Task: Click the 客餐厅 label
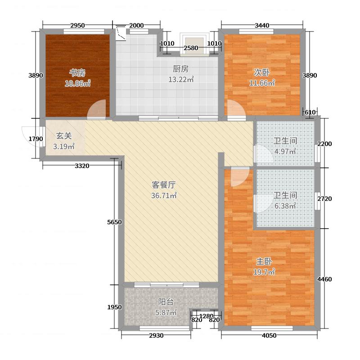[x=163, y=184]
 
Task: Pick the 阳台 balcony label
[x=166, y=302]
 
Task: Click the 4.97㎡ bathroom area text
[x=285, y=151]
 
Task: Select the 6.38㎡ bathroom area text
[x=285, y=206]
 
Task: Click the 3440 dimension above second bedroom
[x=262, y=25]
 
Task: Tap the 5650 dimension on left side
[x=115, y=222]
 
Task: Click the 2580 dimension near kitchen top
[x=191, y=48]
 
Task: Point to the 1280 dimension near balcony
[x=206, y=316]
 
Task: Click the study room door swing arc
[x=95, y=110]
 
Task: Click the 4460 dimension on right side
[x=324, y=279]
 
